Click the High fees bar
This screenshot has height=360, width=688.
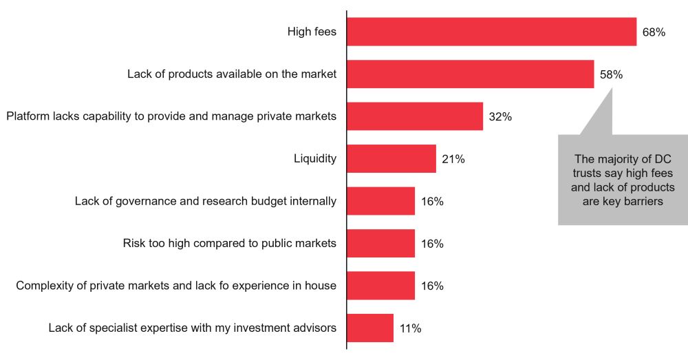pos(491,32)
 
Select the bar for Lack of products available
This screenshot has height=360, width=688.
pos(470,74)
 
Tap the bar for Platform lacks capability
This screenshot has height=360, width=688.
pos(415,116)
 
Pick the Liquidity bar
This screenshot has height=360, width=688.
pos(391,159)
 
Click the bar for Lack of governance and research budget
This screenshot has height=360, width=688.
pos(380,201)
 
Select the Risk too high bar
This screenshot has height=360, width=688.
pos(380,244)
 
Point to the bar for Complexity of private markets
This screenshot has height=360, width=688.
pos(380,286)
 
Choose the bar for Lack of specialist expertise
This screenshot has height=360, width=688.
pos(370,328)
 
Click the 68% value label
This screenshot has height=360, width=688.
pos(654,32)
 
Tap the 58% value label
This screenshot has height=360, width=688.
pos(611,74)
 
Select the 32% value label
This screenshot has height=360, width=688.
pos(500,117)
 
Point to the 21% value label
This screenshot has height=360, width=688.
pos(453,159)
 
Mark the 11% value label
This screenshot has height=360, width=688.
pos(410,328)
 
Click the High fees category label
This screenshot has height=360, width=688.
pos(312,32)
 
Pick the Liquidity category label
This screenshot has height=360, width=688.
pos(315,159)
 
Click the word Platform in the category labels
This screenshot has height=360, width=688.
pos(27,116)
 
